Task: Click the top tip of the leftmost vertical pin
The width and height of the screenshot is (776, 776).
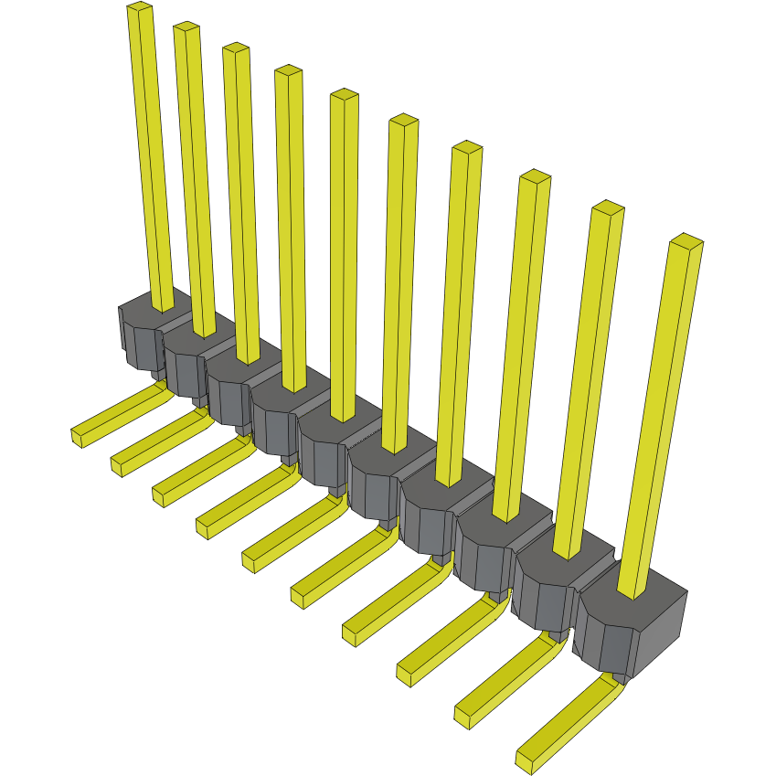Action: [x=139, y=8]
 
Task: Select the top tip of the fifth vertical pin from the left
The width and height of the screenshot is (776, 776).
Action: [x=344, y=95]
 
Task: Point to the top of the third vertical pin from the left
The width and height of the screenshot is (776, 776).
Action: [x=236, y=48]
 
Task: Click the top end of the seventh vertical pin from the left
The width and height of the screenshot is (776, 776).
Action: [x=467, y=148]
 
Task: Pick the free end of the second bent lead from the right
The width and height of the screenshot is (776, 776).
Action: [x=463, y=716]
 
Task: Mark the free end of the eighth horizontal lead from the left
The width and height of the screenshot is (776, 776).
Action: [x=406, y=675]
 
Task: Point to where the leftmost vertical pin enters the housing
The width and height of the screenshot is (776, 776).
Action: [x=163, y=306]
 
